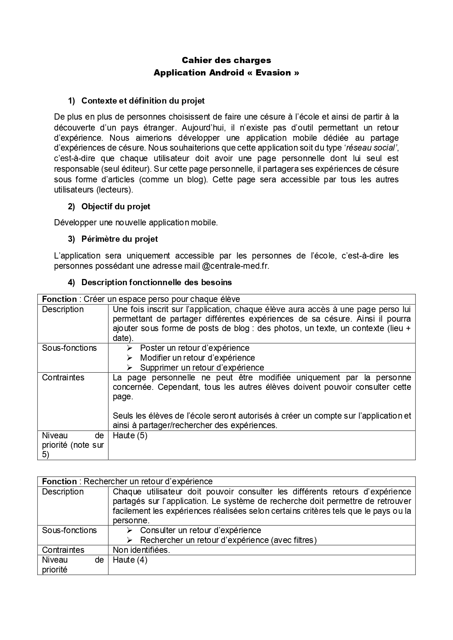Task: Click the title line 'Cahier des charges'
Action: [x=226, y=60]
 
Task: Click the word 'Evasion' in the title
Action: [x=273, y=73]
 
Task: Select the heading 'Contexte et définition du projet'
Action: [x=143, y=101]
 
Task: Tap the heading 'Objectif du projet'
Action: [x=116, y=206]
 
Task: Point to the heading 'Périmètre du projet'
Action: [x=120, y=239]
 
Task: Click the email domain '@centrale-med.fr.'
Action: [x=235, y=266]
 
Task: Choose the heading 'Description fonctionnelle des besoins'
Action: [x=157, y=282]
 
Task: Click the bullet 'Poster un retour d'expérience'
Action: [x=195, y=348]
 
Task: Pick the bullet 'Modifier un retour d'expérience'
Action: [x=197, y=358]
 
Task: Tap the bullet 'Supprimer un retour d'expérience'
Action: [x=202, y=368]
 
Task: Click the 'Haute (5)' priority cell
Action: [x=130, y=435]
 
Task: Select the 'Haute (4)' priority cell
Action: [x=130, y=560]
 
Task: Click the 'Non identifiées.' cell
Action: [x=141, y=550]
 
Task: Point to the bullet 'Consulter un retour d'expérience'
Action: [x=200, y=530]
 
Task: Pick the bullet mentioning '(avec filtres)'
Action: [x=228, y=540]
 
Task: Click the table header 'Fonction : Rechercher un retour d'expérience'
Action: [x=127, y=481]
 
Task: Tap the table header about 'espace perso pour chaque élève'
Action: [x=141, y=299]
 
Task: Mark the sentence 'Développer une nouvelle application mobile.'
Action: [x=136, y=222]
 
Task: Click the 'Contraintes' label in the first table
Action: [x=63, y=377]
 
